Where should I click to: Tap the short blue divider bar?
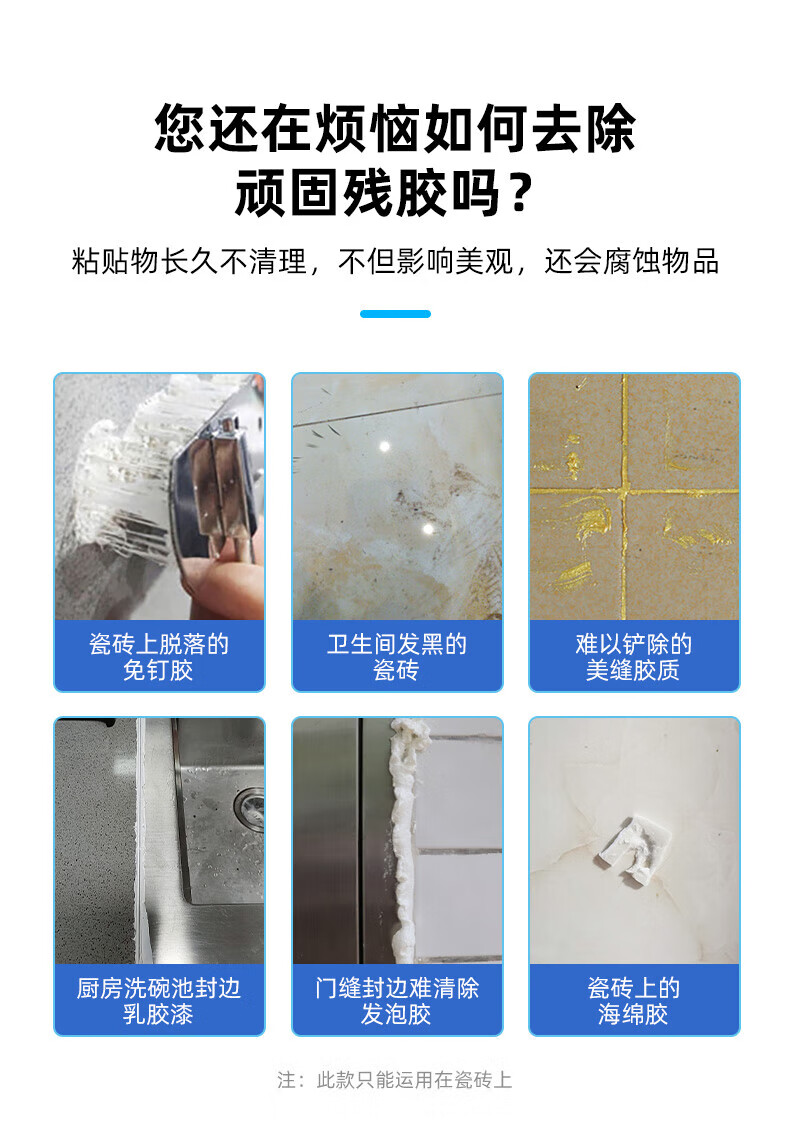pos(395,314)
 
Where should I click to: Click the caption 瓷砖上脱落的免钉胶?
pos(158,657)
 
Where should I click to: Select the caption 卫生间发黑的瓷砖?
pos(396,657)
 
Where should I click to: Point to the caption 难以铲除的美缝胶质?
pos(633,657)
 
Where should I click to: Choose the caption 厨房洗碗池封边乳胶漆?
pos(158,1000)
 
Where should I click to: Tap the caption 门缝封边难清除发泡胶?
pos(396,1000)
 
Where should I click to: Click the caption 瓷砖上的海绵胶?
pos(633,1000)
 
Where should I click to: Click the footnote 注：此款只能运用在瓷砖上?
pos(394,1080)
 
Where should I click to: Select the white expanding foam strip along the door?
pos(402,835)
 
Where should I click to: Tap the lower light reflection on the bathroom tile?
pos(428,529)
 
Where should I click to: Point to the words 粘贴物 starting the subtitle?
pos(115,262)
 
